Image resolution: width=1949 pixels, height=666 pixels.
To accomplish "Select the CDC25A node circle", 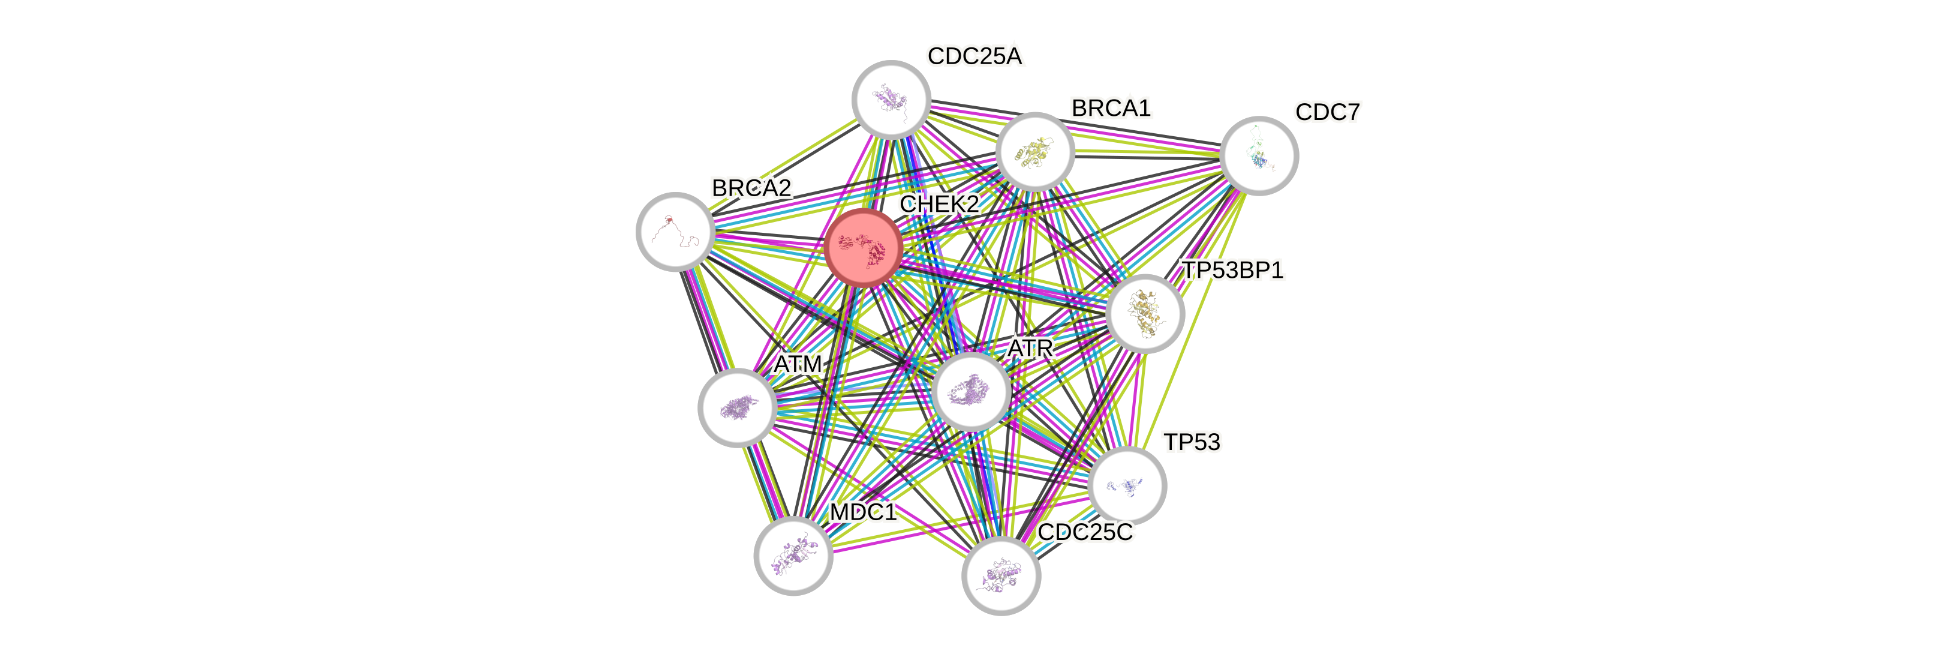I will (891, 99).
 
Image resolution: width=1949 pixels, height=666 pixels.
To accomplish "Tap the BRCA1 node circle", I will (1035, 151).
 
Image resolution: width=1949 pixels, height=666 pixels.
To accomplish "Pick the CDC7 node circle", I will (1259, 155).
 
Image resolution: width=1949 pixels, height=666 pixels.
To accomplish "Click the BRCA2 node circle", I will (675, 231).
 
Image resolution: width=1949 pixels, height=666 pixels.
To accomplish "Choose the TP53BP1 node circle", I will (1145, 313).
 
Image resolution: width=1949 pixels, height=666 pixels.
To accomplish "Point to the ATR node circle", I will (972, 391).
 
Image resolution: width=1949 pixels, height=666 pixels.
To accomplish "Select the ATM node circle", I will (736, 408).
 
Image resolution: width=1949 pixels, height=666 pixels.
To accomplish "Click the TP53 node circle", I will (1127, 485).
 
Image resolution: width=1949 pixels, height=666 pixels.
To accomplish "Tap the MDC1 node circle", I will (793, 556).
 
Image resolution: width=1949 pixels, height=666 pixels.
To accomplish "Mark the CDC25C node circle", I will (1001, 576).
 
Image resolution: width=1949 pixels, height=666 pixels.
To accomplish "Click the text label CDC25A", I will (975, 56).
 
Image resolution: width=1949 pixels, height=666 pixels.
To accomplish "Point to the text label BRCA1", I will (1111, 108).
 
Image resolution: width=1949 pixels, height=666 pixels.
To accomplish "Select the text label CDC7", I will (1328, 112).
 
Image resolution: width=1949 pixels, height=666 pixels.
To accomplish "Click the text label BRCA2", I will (751, 188).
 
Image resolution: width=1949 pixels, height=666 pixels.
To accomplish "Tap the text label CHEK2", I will (939, 203).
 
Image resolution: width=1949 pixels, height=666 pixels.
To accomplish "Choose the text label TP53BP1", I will (1232, 270).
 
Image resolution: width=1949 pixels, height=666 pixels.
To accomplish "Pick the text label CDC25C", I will (1085, 532).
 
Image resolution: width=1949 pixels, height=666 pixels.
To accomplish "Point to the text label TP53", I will (1192, 442).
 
